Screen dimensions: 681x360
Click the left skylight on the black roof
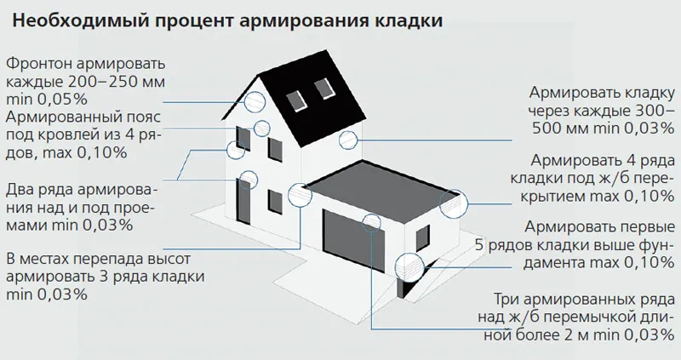click(x=297, y=100)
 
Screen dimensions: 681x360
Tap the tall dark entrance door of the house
click(x=243, y=201)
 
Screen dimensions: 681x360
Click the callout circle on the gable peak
click(x=255, y=102)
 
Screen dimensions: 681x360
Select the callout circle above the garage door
click(x=372, y=222)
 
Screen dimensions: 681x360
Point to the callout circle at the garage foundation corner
click(x=409, y=266)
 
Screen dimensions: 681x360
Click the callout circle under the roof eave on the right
click(x=348, y=140)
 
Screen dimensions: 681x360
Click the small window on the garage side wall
click(x=423, y=239)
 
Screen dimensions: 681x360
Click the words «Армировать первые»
click(x=599, y=226)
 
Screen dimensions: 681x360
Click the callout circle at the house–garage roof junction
click(x=300, y=194)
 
